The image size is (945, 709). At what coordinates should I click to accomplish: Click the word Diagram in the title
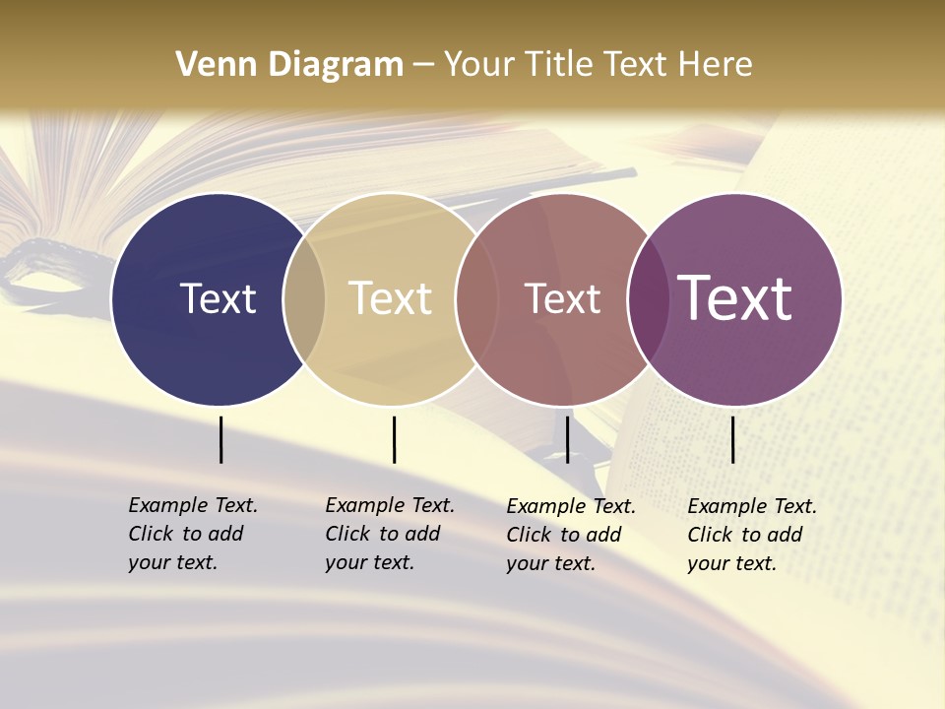pos(336,65)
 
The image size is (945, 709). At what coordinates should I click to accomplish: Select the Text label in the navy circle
pos(218,298)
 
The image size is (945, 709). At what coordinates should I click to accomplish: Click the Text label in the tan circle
pos(390,298)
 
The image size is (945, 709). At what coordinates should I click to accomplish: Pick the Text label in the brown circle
pos(562,298)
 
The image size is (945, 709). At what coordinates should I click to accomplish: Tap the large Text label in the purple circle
pos(734,298)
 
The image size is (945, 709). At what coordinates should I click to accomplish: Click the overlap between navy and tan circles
pos(304,298)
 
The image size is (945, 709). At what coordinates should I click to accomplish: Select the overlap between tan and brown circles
pos(476,298)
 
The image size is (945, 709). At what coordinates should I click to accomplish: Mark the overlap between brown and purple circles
pos(649,298)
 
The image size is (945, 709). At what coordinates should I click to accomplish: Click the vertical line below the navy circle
pos(220,439)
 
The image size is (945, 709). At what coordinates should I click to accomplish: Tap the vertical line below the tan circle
pos(394,439)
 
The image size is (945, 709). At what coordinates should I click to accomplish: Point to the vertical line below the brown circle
pos(567,439)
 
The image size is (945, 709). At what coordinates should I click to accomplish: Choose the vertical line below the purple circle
pos(732,439)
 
